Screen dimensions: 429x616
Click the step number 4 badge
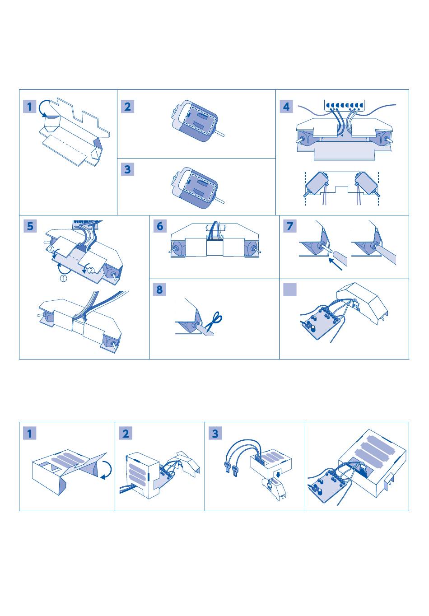point(286,107)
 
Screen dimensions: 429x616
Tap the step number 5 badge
point(30,226)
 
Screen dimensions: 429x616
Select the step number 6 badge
point(160,226)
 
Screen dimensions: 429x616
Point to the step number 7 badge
point(290,226)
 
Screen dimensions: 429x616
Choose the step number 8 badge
point(160,289)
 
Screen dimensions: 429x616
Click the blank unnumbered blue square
point(290,289)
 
